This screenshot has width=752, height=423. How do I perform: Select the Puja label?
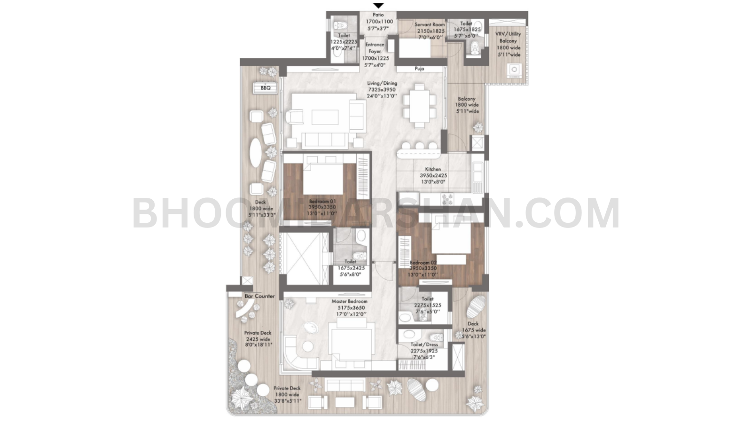click(419, 69)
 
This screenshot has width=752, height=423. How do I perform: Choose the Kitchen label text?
click(433, 169)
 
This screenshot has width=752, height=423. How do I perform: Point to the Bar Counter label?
click(259, 297)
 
